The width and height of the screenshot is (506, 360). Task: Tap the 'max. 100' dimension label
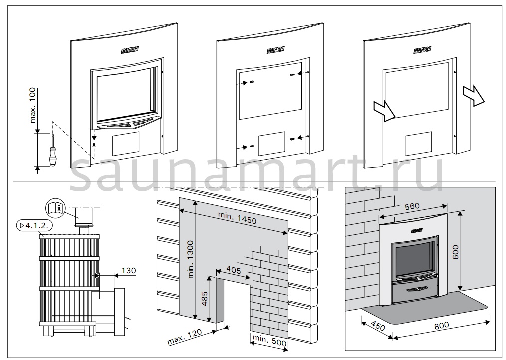[33, 108]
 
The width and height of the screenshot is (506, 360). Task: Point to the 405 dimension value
[232, 270]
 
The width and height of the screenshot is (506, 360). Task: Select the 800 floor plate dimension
[441, 325]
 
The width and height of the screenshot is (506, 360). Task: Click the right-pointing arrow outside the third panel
[473, 94]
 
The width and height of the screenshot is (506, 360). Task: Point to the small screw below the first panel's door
[93, 144]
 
